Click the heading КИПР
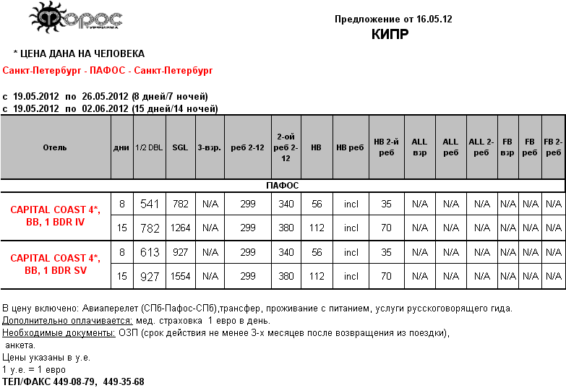(x=390, y=34)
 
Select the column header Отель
(x=55, y=147)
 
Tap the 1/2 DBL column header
(x=149, y=147)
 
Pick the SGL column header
(x=180, y=147)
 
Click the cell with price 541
(x=150, y=204)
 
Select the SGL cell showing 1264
(x=180, y=228)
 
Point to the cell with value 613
(x=150, y=253)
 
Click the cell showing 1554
(x=180, y=276)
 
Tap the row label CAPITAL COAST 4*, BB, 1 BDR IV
(x=55, y=216)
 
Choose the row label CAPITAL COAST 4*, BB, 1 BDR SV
(x=55, y=264)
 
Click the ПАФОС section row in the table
(x=283, y=186)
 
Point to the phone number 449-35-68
(x=124, y=381)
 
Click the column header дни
(x=121, y=147)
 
